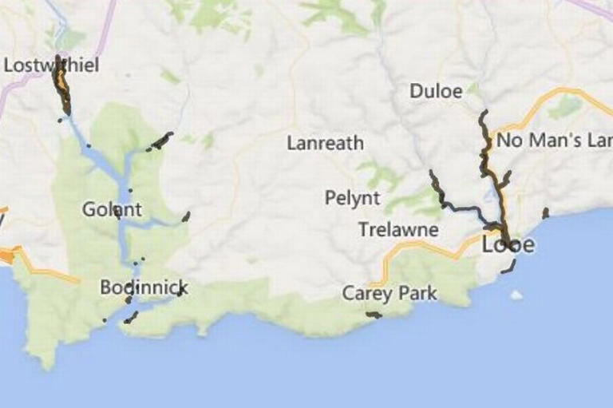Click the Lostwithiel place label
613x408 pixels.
tap(51, 65)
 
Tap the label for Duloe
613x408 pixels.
tap(436, 91)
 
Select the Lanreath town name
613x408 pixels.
tap(325, 144)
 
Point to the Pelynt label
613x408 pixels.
tap(352, 197)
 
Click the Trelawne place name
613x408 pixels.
tap(398, 230)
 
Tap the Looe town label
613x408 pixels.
tap(508, 245)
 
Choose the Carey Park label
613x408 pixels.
tap(390, 293)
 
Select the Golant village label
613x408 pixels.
tap(112, 210)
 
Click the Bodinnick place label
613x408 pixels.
tap(144, 287)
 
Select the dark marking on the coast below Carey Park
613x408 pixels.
tap(373, 315)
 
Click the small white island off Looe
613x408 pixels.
tap(516, 295)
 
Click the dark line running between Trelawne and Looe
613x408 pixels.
tap(467, 211)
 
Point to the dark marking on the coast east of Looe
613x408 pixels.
tap(546, 213)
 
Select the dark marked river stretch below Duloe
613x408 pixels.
tap(484, 144)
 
